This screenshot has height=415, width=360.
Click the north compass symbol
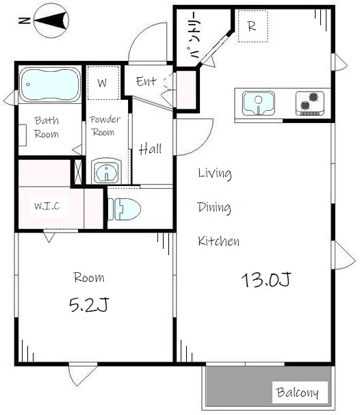[x=51, y=21]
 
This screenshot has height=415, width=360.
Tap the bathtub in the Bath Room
[x=50, y=84]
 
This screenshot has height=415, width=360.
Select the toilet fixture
[x=124, y=209]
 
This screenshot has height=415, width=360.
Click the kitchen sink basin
[x=258, y=103]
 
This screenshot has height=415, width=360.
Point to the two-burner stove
[x=309, y=103]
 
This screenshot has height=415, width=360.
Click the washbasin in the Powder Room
[x=107, y=171]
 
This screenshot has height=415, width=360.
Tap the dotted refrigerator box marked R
[x=253, y=26]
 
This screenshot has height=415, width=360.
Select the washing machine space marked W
[x=103, y=83]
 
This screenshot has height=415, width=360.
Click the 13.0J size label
[x=266, y=280]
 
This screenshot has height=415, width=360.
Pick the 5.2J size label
[x=89, y=304]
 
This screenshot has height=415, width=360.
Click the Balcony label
[x=297, y=392]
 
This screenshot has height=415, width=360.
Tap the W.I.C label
[x=47, y=206]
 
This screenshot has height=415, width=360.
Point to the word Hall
[x=150, y=149]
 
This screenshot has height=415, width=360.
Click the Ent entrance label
[x=146, y=81]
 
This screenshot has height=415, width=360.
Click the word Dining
[x=214, y=207]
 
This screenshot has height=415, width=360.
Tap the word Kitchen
[x=218, y=241]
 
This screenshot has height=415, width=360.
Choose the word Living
[x=215, y=174]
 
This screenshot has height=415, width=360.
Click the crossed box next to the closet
[x=78, y=172]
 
